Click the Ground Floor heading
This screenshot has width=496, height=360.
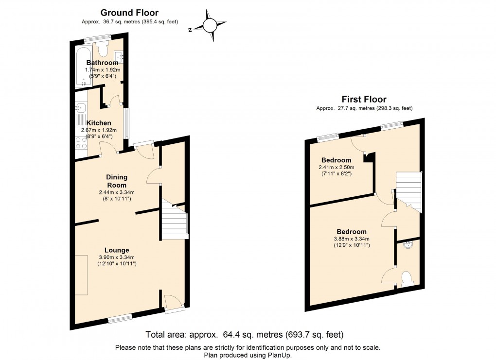[x=129, y=13]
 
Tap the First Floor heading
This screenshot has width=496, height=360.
[x=364, y=100]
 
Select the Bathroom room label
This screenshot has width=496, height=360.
[x=102, y=63]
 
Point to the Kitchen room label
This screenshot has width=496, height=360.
[x=99, y=123]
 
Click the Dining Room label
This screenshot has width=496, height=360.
[x=116, y=181]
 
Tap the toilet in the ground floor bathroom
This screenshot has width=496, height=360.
[x=102, y=49]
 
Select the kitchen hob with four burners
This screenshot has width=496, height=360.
[x=80, y=142]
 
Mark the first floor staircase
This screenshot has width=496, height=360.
[x=408, y=189]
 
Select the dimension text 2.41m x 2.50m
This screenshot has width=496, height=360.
[x=336, y=168]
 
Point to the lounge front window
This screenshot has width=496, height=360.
[x=120, y=319]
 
